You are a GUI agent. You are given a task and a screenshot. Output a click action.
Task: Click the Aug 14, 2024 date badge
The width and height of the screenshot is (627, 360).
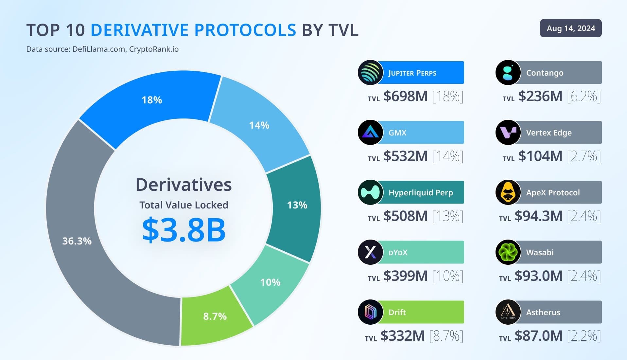click(570, 28)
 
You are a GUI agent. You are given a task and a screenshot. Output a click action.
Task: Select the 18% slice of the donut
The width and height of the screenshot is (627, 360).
click(151, 100)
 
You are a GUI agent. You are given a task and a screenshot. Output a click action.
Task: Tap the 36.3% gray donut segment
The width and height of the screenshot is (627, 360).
click(77, 241)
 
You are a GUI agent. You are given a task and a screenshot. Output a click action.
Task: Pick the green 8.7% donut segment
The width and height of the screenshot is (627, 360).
click(215, 316)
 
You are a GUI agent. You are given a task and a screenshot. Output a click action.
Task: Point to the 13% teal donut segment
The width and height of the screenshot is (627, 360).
click(297, 205)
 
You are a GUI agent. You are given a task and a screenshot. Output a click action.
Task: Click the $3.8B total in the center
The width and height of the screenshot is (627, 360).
click(184, 230)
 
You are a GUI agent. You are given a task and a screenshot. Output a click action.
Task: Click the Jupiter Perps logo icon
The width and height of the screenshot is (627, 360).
click(370, 73)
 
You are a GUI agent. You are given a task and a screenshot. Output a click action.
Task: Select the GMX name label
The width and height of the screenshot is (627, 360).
click(397, 133)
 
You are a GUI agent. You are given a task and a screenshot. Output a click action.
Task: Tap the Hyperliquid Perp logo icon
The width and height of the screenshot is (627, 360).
click(370, 192)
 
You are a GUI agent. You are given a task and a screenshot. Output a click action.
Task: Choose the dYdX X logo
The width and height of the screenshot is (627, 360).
click(370, 252)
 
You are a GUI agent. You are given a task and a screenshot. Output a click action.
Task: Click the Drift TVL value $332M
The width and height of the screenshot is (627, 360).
click(403, 336)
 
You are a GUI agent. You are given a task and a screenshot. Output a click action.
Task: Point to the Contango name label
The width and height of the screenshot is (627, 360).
click(545, 73)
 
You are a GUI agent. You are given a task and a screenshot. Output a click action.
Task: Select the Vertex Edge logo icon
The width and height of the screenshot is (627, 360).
click(508, 133)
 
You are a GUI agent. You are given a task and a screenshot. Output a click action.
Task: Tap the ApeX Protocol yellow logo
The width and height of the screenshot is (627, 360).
click(508, 192)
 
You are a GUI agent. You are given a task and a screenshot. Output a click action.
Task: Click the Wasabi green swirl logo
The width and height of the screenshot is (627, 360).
click(508, 252)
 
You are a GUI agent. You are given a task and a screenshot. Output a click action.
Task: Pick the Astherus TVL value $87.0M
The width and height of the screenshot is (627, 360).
click(538, 336)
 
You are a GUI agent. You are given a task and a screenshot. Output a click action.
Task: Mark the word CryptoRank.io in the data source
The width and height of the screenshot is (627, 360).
click(154, 49)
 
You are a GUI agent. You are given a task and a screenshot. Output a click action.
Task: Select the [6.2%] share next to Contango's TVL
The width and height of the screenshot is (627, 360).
click(584, 97)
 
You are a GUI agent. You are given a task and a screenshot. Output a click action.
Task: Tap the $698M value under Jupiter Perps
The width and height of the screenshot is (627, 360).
click(406, 97)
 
